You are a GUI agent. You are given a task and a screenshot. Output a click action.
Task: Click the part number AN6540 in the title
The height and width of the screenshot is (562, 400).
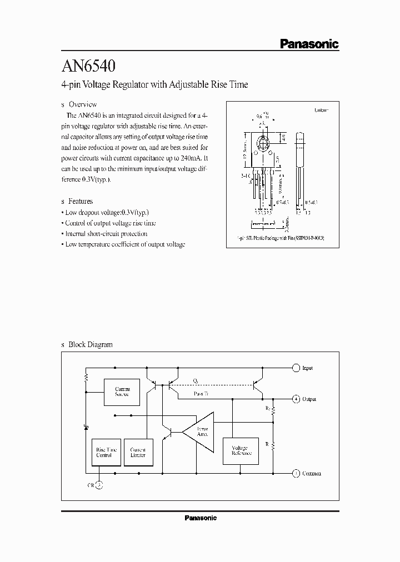(x=88, y=67)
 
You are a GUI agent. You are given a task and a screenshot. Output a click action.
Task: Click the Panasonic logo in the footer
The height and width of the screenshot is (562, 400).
(x=200, y=518)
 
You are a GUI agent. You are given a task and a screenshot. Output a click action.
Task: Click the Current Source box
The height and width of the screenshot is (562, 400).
(x=122, y=392)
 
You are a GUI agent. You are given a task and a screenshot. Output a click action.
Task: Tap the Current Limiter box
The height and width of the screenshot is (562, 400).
(x=138, y=451)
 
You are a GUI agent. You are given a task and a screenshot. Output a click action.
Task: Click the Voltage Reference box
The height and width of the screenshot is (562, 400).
(x=241, y=451)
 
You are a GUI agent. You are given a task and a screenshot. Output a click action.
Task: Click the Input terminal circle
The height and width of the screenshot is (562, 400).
(x=296, y=368)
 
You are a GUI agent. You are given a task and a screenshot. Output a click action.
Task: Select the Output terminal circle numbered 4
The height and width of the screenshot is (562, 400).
(x=296, y=399)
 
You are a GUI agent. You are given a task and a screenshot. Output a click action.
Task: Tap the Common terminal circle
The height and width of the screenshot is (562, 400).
(x=296, y=473)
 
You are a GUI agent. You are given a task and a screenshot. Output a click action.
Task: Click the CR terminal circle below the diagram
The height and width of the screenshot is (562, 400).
(x=99, y=484)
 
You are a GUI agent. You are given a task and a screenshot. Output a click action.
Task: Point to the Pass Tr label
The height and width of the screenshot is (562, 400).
(x=201, y=394)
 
